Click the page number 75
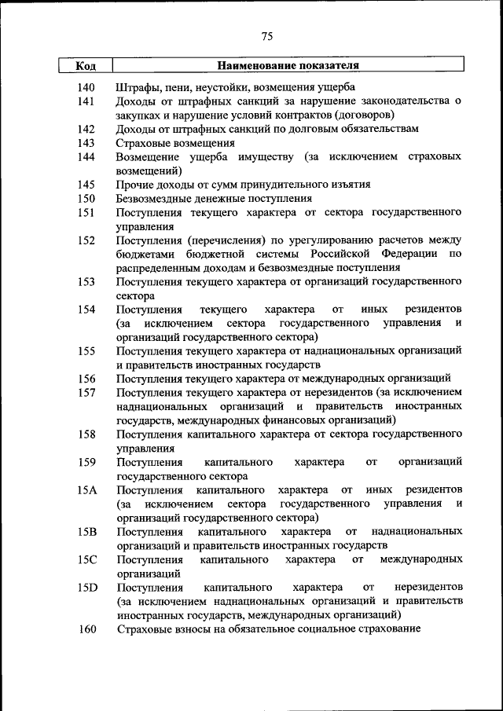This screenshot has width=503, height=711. (x=266, y=36)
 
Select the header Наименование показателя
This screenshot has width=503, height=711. (x=288, y=66)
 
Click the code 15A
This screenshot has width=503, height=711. (x=86, y=490)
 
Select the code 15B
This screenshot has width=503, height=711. (x=86, y=533)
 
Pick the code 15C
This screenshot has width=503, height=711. (x=86, y=560)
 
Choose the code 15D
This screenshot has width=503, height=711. (x=86, y=588)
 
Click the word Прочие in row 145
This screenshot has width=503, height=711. (x=135, y=185)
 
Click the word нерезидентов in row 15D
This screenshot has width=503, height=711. (x=429, y=588)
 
